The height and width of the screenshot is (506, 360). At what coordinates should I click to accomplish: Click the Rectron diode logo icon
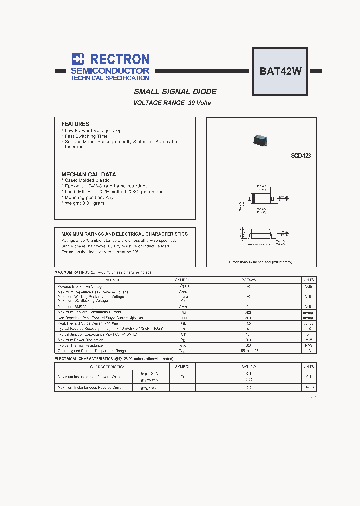(x=78, y=59)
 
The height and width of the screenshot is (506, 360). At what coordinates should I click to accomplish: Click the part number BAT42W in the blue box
(x=280, y=71)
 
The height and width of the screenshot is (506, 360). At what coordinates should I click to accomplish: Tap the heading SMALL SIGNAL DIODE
(x=175, y=92)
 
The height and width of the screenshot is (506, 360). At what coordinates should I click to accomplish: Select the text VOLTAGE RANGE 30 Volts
(x=172, y=103)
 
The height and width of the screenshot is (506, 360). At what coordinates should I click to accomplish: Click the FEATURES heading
(x=75, y=124)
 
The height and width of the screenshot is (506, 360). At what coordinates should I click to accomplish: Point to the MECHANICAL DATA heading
(x=89, y=174)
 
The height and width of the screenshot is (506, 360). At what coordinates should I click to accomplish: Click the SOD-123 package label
(x=301, y=156)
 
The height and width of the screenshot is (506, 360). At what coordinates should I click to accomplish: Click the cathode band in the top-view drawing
(x=254, y=198)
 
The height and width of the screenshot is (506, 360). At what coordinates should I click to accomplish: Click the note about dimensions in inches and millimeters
(x=260, y=262)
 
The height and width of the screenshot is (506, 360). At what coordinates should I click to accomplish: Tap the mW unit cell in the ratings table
(x=309, y=340)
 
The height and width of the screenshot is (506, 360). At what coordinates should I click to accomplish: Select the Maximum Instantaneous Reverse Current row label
(x=91, y=387)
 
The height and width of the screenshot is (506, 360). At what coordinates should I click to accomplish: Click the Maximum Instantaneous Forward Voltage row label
(x=91, y=377)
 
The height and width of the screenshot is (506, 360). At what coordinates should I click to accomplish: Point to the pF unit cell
(x=309, y=334)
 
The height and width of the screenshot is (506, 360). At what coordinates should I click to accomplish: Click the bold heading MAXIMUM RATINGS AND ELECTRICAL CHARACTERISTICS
(x=124, y=234)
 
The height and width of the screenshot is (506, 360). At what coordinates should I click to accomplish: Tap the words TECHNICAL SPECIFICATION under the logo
(x=110, y=78)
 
